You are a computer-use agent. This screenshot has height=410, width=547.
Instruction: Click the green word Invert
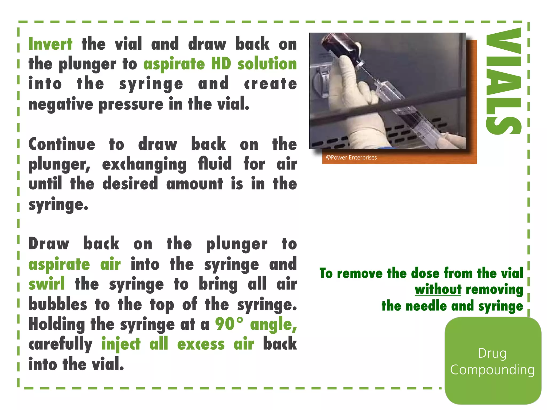click(x=50, y=44)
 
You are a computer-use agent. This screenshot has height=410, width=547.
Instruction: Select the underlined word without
click(x=438, y=289)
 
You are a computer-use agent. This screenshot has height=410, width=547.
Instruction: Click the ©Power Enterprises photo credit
click(x=351, y=157)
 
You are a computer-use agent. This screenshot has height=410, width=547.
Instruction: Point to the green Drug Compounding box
click(x=493, y=361)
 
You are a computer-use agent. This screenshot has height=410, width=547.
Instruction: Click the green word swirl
click(x=47, y=283)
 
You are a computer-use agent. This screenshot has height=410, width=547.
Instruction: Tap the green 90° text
click(x=229, y=324)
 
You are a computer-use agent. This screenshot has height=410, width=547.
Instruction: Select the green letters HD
click(x=221, y=64)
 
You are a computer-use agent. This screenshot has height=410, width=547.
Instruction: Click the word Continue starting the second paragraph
click(x=62, y=144)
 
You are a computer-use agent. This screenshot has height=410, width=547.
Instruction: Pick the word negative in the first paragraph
click(x=61, y=104)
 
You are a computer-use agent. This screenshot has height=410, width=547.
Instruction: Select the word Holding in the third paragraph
click(x=57, y=325)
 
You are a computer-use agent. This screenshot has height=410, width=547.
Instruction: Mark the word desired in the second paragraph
click(x=130, y=184)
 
